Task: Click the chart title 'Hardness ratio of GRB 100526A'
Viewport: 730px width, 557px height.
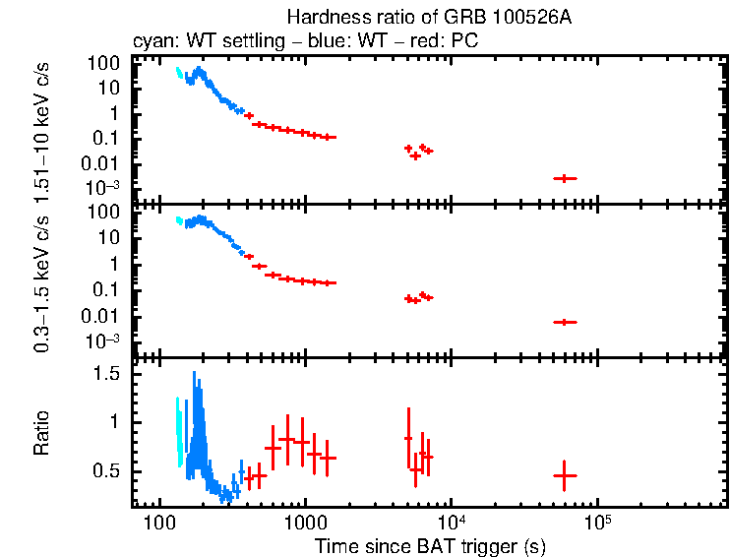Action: click(429, 17)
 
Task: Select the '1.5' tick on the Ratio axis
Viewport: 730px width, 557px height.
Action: click(107, 375)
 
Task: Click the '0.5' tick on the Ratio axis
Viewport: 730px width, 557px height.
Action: click(107, 472)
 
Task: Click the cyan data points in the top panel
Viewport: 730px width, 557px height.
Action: click(178, 72)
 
